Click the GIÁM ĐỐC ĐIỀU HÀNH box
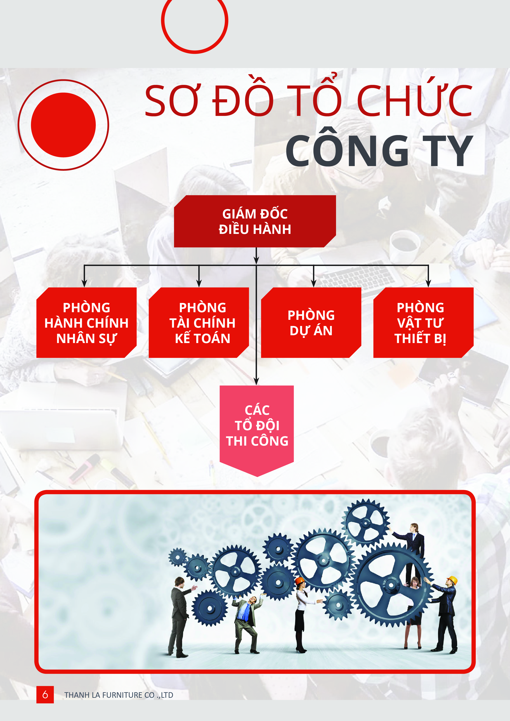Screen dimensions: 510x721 (x=255, y=221)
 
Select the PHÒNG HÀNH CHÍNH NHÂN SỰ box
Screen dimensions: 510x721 (x=86, y=322)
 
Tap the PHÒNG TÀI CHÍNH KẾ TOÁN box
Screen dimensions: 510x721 (x=199, y=322)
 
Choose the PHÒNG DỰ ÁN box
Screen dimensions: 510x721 (x=311, y=322)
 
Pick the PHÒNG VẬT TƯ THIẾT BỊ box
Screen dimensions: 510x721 (x=423, y=322)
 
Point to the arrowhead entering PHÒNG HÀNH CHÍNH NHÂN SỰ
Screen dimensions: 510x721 (x=84, y=283)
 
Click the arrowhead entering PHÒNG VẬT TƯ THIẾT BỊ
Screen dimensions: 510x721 (x=428, y=283)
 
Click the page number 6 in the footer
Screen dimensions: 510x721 (x=45, y=694)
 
